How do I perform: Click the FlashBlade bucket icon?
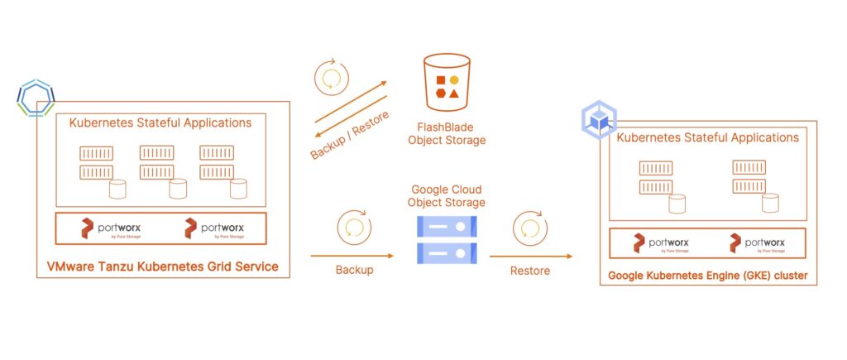click(x=447, y=82)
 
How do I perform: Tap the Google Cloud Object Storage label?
click(x=447, y=195)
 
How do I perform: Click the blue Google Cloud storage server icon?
click(x=447, y=238)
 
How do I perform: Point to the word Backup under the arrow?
click(x=353, y=271)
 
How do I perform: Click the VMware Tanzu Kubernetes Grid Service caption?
click(x=162, y=266)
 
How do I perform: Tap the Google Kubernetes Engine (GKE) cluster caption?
click(x=709, y=275)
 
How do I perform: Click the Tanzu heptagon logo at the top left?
click(x=36, y=98)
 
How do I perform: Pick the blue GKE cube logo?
click(x=599, y=122)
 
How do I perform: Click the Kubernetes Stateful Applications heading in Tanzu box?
click(x=160, y=123)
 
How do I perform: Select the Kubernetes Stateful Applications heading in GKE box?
click(x=708, y=137)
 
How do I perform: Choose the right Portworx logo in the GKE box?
click(x=758, y=243)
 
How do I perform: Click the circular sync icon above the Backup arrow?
click(x=354, y=226)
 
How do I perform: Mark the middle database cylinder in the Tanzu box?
click(x=178, y=189)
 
